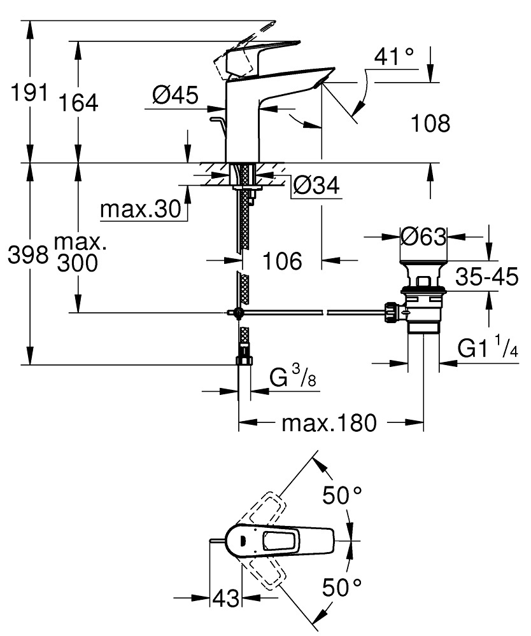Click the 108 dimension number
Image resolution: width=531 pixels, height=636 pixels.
[429, 123]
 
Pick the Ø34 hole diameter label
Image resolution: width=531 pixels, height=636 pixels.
[316, 186]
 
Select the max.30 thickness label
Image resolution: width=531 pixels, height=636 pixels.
[141, 209]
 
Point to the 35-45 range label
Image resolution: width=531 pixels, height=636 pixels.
[486, 277]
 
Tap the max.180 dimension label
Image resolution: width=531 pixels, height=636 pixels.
[329, 422]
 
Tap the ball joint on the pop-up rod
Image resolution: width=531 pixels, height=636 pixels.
[237, 312]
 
